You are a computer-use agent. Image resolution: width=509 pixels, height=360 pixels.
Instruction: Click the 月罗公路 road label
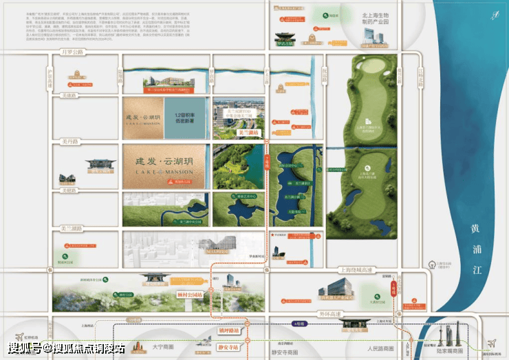tap(72, 52)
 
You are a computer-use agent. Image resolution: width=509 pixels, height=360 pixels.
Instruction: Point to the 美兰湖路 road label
tap(71, 229)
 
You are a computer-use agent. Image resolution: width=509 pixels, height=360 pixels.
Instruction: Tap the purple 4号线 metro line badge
tap(297, 322)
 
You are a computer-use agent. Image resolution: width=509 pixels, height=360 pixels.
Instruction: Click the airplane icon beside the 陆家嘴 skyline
tap(491, 343)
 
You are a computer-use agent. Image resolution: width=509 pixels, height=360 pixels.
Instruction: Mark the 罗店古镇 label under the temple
tap(285, 43)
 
